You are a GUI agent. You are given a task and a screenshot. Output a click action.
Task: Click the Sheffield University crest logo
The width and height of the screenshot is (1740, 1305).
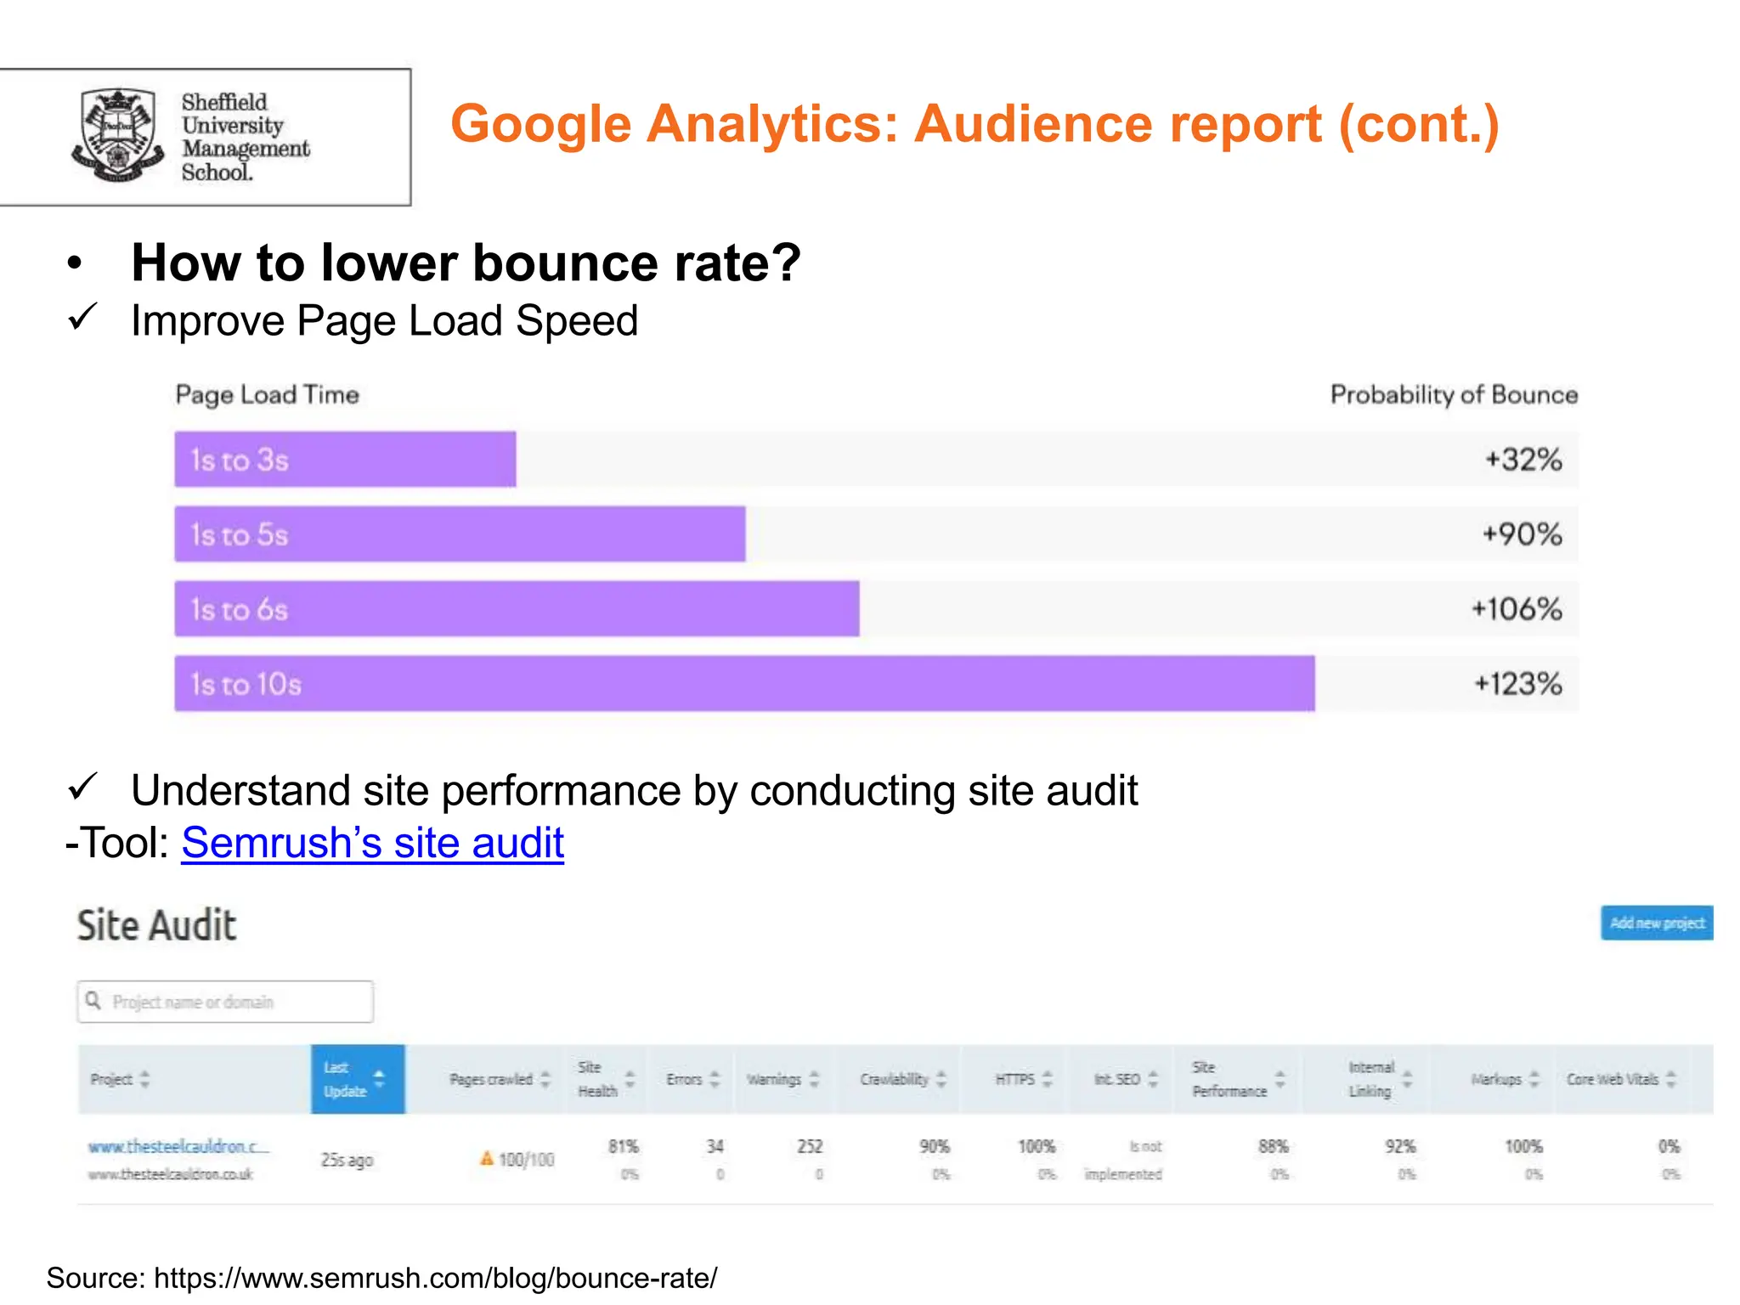coord(118,136)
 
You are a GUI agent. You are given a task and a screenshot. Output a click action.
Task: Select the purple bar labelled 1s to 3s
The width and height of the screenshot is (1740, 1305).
coord(345,460)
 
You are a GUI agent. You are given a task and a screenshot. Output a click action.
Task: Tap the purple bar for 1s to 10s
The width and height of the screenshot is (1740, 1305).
coord(744,684)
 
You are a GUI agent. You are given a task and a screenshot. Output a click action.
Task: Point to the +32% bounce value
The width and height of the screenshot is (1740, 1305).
coord(1523,460)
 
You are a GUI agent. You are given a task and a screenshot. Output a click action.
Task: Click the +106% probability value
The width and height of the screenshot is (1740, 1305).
coord(1517,609)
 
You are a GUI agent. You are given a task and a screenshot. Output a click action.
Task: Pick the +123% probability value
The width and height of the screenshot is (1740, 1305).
coord(1518,684)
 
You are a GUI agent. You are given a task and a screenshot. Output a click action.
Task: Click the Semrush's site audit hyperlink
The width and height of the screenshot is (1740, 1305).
coord(372,843)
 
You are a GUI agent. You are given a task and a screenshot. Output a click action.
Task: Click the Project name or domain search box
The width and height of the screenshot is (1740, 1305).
coord(226,1002)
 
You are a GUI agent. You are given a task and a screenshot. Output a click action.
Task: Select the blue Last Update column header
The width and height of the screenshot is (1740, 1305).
coord(358,1079)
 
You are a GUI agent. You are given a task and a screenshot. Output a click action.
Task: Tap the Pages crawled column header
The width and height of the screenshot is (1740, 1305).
coord(492,1079)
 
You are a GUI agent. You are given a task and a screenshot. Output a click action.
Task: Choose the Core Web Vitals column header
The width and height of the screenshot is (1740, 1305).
coord(1613,1079)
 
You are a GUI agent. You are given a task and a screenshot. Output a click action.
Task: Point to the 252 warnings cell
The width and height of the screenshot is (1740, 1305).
coord(810,1147)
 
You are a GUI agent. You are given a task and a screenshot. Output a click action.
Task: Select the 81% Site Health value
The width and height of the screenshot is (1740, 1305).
coord(623,1147)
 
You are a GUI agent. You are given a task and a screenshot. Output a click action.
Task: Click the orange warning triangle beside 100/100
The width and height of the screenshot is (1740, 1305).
coord(487,1158)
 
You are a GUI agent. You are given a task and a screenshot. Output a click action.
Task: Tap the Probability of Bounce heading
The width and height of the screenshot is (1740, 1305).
coord(1454,395)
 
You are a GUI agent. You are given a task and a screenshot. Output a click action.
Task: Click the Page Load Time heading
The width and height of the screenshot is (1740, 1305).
coord(268,395)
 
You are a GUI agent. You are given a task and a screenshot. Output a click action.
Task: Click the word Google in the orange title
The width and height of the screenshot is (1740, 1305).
coord(541,124)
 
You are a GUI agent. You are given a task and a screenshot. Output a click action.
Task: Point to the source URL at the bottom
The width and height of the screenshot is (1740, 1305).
coord(435,1278)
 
